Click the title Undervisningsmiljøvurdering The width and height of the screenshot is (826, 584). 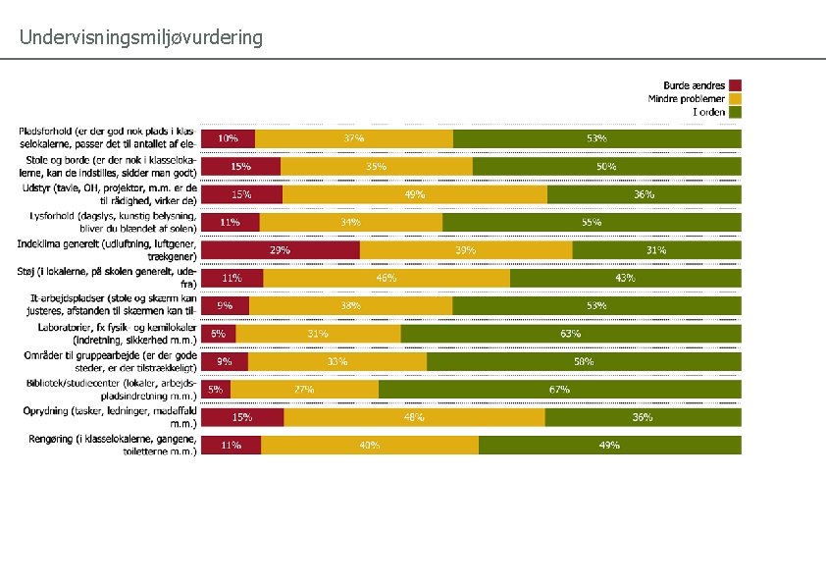[x=141, y=38]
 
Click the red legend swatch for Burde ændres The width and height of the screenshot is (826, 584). [x=735, y=85]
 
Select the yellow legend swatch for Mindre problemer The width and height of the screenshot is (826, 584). [x=735, y=98]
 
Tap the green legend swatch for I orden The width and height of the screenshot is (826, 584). [x=735, y=112]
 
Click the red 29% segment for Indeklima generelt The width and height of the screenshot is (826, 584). [x=281, y=250]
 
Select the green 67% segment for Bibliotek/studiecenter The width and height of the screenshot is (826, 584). [x=559, y=390]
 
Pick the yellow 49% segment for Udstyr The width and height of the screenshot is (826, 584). [x=414, y=194]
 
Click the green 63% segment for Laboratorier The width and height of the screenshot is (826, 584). [x=570, y=334]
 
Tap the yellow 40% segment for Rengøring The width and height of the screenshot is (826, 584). [x=370, y=445]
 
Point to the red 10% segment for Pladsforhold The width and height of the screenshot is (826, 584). [x=228, y=138]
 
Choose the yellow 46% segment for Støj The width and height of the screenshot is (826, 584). [x=387, y=278]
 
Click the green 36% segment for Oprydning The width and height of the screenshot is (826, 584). [x=643, y=417]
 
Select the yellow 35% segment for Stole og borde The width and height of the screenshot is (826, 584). [x=377, y=167]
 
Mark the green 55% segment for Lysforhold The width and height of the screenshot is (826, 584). [x=591, y=222]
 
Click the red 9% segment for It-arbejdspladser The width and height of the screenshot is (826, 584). [x=226, y=305]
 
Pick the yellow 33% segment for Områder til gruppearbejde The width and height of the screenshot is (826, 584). [x=337, y=361]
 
